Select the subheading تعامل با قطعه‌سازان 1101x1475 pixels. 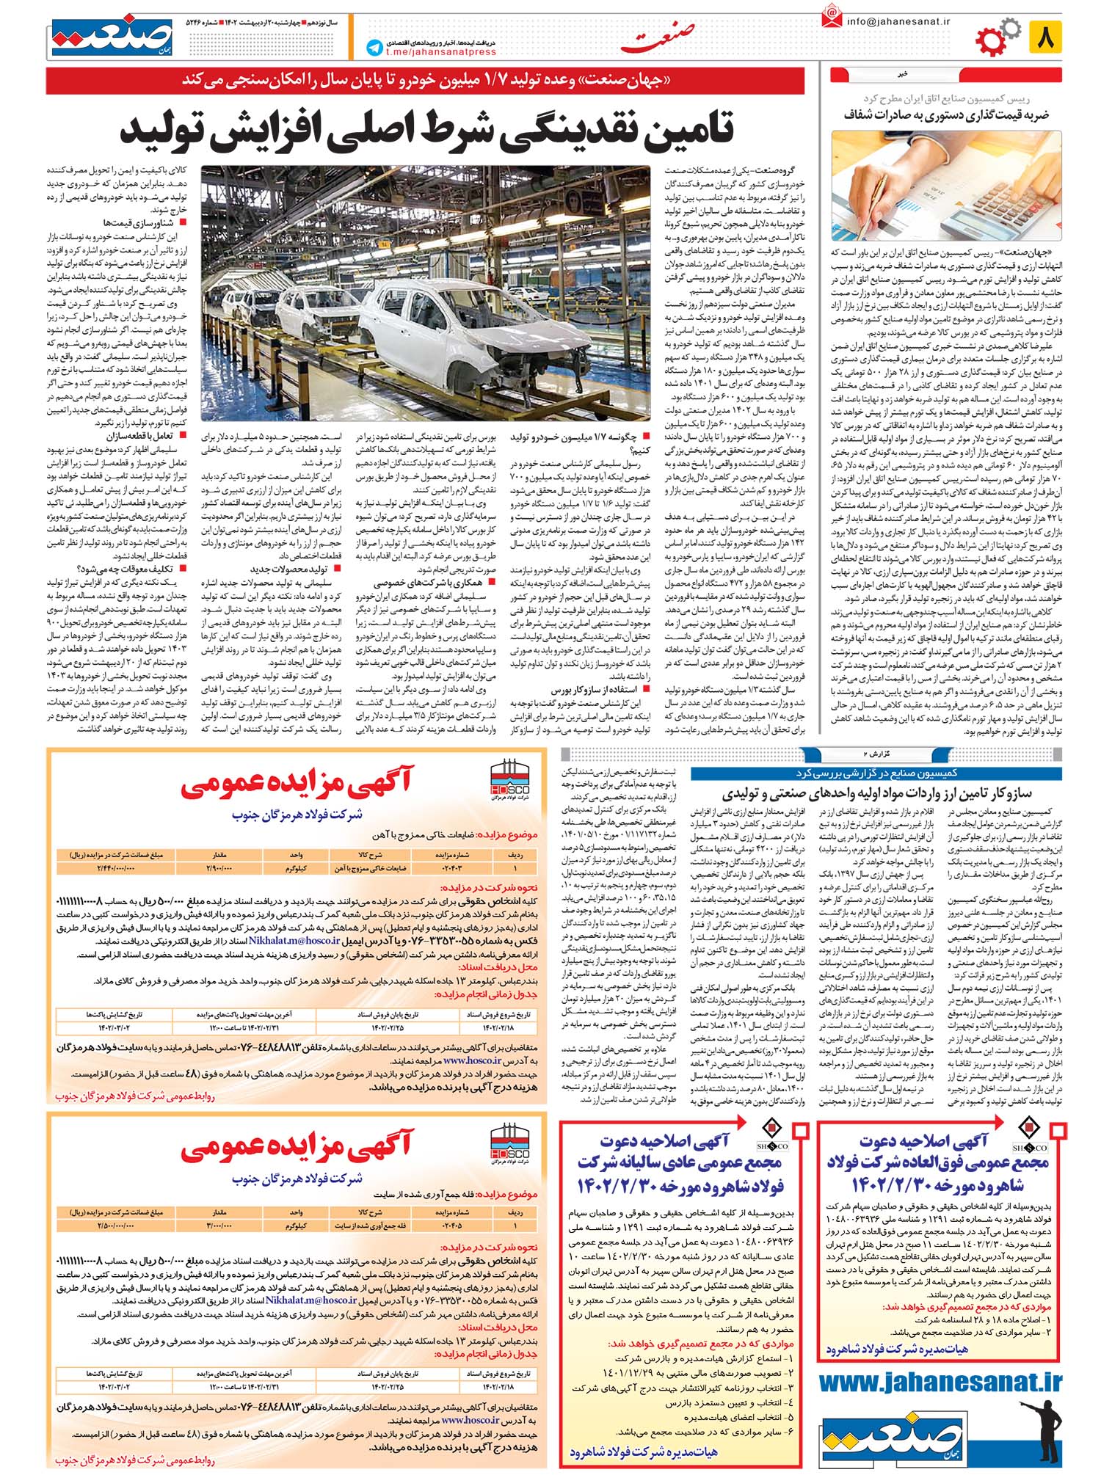144,436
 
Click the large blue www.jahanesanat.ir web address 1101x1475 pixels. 940,1383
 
